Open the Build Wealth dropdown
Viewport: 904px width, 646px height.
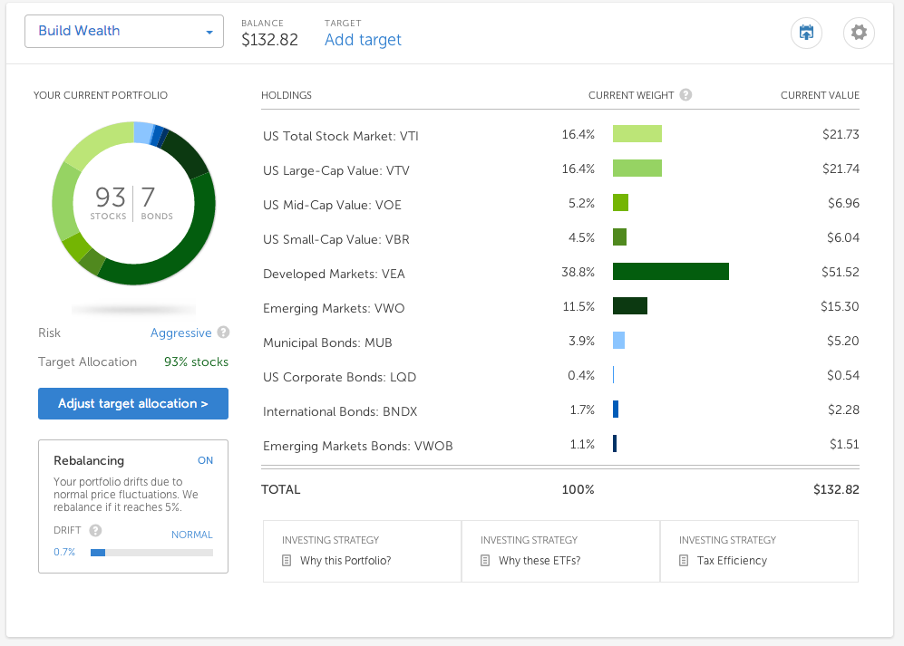[124, 31]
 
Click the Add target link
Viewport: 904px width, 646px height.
[363, 40]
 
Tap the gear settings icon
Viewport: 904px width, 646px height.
[859, 33]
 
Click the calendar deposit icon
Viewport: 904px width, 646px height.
[806, 33]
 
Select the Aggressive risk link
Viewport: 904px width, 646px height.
[181, 333]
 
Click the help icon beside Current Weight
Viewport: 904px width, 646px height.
[685, 95]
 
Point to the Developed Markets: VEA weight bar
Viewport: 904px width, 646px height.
[670, 272]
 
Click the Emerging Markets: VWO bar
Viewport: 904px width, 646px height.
[630, 306]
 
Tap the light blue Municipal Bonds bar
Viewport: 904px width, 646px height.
[618, 341]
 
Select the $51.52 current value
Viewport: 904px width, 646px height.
[840, 272]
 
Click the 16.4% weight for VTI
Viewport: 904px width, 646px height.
[578, 134]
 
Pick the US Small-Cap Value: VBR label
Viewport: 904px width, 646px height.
[336, 239]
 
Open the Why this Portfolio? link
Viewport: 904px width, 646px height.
[345, 561]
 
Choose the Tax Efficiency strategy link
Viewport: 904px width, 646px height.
[733, 561]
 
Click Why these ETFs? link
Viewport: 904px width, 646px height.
[539, 561]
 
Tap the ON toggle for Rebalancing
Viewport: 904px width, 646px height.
[205, 460]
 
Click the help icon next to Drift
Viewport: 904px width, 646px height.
[96, 530]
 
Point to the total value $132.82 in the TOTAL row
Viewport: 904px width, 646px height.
[836, 490]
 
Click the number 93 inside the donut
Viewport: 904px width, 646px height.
[110, 198]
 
